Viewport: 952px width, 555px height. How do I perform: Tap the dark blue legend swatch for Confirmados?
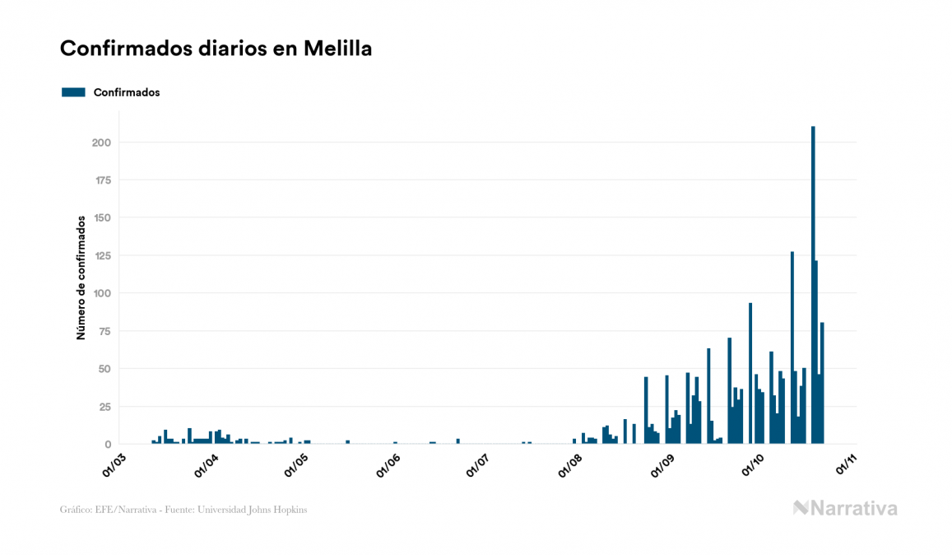point(73,92)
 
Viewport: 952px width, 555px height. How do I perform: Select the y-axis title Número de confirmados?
point(81,277)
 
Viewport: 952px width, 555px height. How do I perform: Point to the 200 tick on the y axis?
point(101,142)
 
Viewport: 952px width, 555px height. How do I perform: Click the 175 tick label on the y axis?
point(101,180)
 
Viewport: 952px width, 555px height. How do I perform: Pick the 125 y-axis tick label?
point(101,255)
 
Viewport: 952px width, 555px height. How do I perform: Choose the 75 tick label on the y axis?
point(104,331)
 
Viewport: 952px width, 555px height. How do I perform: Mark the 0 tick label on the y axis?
point(107,444)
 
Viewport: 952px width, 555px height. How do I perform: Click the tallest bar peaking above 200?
point(813,288)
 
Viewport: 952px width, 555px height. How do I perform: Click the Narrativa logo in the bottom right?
point(845,508)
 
